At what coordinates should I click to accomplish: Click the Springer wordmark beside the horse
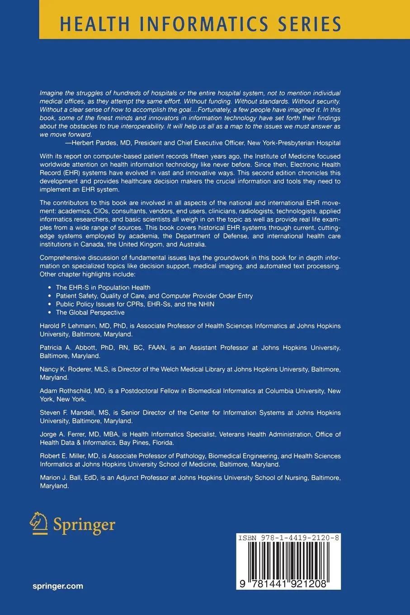(84, 525)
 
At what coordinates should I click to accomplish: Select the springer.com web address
(58, 586)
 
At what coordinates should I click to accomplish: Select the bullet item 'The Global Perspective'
(90, 312)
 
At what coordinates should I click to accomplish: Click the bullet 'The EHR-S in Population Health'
(103, 288)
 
